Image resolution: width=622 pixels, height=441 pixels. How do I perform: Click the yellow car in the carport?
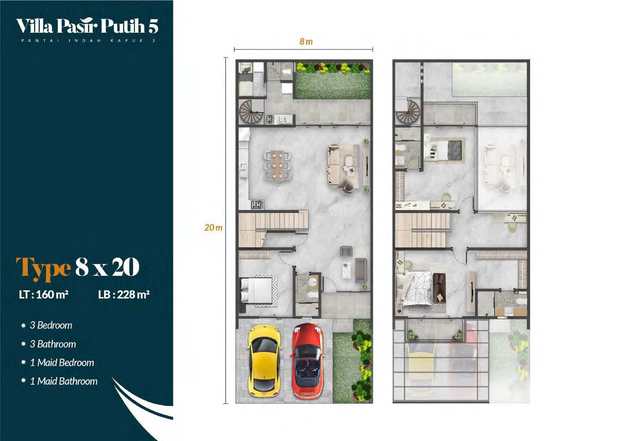[x=264, y=361]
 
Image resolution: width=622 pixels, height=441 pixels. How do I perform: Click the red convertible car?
[x=307, y=361]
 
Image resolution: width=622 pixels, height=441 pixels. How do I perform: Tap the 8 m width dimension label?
[x=306, y=42]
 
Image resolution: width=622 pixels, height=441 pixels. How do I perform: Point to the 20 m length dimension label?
[x=213, y=227]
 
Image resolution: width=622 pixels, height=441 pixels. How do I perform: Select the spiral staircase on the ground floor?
[x=251, y=112]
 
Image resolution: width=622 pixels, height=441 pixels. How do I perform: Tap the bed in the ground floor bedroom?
[x=257, y=290]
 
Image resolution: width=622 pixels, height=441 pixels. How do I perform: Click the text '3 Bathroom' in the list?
[x=53, y=344]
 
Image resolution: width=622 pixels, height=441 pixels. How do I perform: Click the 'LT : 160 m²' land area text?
[x=44, y=294]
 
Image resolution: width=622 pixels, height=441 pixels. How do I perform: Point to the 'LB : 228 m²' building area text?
[x=124, y=294]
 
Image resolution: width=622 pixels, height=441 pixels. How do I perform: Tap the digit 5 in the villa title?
[x=153, y=26]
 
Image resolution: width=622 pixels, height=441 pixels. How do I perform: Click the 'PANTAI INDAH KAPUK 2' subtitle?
[x=88, y=41]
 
